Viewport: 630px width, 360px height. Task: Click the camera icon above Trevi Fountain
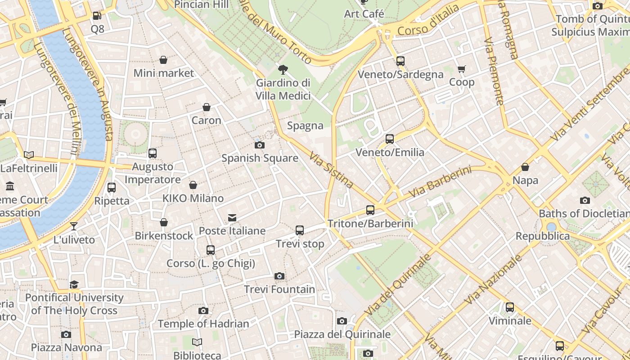click(279, 276)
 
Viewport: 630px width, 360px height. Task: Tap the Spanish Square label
click(260, 158)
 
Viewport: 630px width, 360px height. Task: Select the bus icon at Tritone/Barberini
click(370, 210)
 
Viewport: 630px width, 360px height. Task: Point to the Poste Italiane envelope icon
click(232, 218)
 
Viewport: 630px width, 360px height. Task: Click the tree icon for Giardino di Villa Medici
click(283, 70)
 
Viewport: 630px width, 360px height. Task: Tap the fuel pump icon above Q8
click(97, 16)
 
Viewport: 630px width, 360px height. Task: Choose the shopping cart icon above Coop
click(462, 69)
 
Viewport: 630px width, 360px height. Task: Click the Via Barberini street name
click(440, 182)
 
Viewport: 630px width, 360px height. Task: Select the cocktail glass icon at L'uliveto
click(74, 226)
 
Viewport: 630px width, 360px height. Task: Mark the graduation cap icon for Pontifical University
click(74, 284)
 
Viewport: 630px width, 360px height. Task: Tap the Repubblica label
click(542, 236)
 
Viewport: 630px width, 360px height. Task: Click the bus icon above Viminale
click(510, 307)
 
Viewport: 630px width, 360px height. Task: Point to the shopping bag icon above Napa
click(525, 167)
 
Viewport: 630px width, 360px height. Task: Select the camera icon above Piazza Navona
click(66, 334)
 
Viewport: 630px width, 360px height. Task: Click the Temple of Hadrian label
click(203, 324)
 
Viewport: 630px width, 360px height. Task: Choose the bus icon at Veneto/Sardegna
click(400, 61)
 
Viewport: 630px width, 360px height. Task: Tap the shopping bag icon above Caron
click(207, 107)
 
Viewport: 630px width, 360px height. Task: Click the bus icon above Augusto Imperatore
click(153, 153)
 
